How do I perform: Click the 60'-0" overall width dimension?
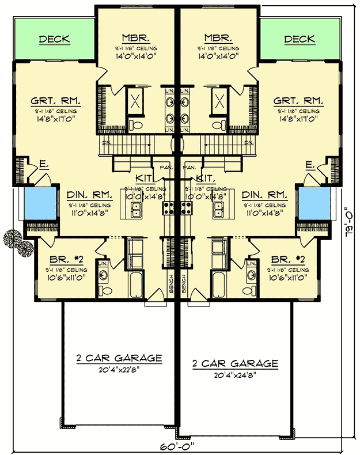tap(179, 446)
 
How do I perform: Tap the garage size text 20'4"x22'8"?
tap(119, 369)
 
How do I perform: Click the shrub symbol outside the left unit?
tap(17, 242)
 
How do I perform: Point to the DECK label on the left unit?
tap(54, 39)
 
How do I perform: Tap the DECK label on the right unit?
tap(300, 39)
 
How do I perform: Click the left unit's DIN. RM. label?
tap(86, 195)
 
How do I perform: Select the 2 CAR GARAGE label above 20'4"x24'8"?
tap(236, 363)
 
